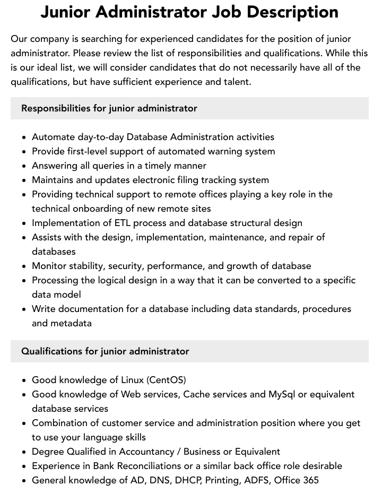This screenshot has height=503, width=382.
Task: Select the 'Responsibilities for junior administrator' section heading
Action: pyautogui.click(x=109, y=108)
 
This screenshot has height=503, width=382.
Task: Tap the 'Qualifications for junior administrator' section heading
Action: pyautogui.click(x=105, y=351)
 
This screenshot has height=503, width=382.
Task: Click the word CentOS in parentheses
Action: pyautogui.click(x=167, y=380)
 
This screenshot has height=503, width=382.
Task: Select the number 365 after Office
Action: pyautogui.click(x=310, y=480)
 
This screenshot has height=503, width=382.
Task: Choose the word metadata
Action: pyautogui.click(x=71, y=323)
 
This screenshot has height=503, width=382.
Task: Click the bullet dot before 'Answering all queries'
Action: pyautogui.click(x=24, y=166)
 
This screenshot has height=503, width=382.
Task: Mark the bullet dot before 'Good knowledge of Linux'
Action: pyautogui.click(x=24, y=380)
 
